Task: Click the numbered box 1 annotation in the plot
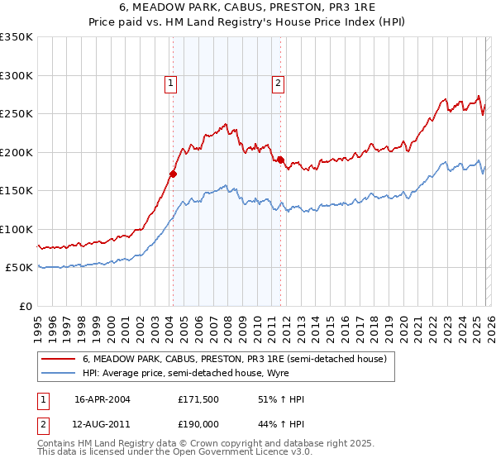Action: pyautogui.click(x=170, y=82)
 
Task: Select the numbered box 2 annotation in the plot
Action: pyautogui.click(x=278, y=82)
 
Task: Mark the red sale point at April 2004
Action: pyautogui.click(x=173, y=174)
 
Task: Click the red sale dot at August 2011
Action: pyautogui.click(x=280, y=160)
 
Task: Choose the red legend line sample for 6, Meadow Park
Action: pyautogui.click(x=58, y=360)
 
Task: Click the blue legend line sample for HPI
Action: pyautogui.click(x=58, y=373)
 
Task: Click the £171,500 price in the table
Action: pyautogui.click(x=198, y=399)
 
